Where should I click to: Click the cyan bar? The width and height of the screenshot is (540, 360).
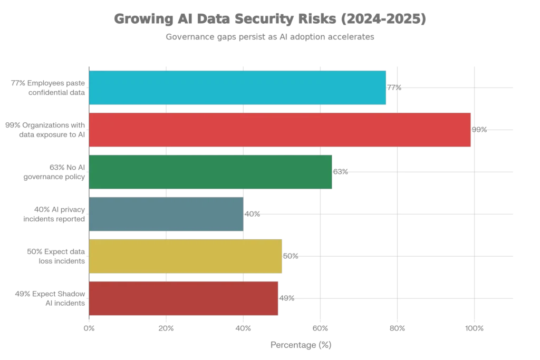click(238, 87)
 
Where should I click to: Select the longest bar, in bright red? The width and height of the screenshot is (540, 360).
click(279, 129)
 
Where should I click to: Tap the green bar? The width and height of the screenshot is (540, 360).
click(210, 171)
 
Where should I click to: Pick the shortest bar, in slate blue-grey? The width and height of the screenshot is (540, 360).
click(166, 213)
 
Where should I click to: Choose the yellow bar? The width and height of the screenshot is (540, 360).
click(185, 256)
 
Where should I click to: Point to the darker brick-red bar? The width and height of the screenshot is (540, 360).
click(183, 298)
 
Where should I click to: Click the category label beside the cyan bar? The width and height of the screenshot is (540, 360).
click(47, 87)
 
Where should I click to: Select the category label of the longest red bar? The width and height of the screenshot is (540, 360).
click(45, 129)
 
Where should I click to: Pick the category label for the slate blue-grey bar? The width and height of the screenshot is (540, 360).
click(53, 213)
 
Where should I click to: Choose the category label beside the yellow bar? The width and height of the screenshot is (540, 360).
click(55, 256)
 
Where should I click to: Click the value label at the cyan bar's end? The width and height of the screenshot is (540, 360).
click(397, 89)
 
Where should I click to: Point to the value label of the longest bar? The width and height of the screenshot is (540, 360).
click(480, 131)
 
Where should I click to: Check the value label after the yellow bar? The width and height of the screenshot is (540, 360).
click(291, 257)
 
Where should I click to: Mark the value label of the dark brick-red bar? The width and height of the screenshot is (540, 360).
click(287, 299)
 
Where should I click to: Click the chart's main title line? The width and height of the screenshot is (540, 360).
click(269, 20)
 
